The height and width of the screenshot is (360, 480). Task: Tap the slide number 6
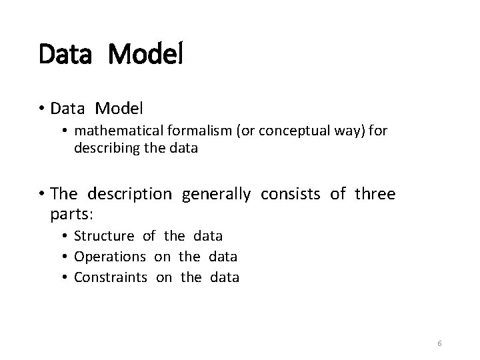pos(439,343)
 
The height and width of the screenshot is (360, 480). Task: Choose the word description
pos(129,194)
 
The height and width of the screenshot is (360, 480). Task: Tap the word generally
pos(216,194)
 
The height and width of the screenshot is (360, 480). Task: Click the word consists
pos(291,194)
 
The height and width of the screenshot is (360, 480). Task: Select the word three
pos(375,194)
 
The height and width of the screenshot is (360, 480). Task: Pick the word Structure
pos(104,236)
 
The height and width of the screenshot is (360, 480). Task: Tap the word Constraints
pos(111,277)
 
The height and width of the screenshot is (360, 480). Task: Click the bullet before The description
pos(41,195)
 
